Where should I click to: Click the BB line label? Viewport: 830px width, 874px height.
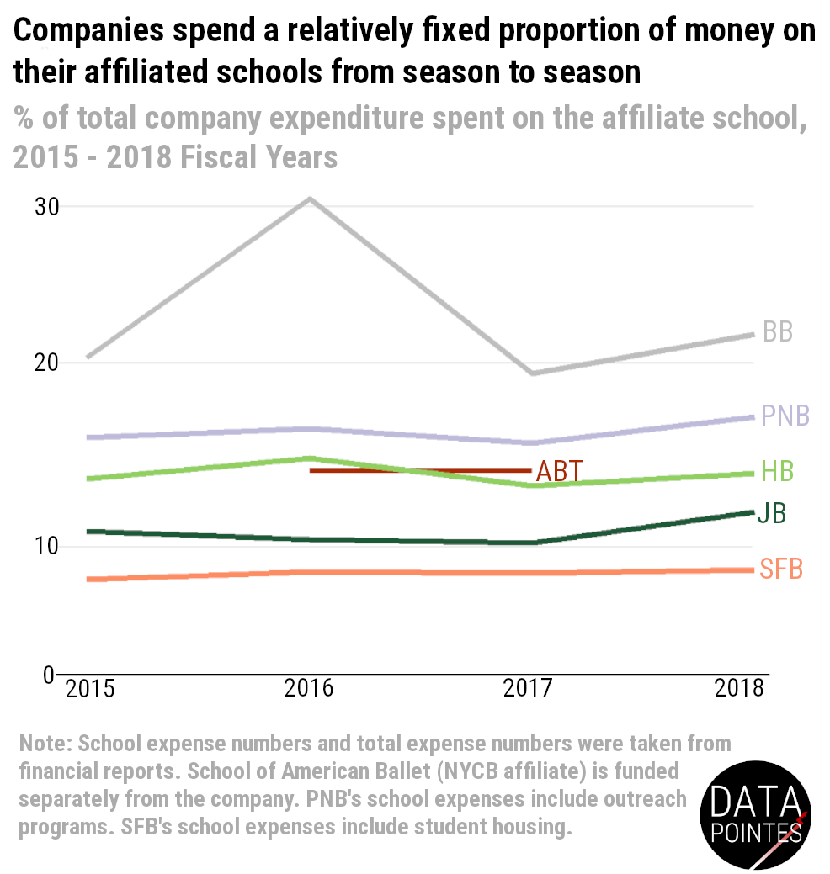tap(777, 331)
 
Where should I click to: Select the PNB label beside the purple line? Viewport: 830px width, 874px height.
tap(785, 416)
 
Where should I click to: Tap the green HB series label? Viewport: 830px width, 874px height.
tap(777, 471)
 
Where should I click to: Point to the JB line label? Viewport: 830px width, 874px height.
tap(771, 513)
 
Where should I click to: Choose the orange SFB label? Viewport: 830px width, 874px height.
tap(780, 569)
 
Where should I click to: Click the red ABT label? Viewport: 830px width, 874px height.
tap(559, 471)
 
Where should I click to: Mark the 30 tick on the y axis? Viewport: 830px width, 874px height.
tap(45, 206)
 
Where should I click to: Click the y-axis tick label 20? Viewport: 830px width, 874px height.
tap(45, 363)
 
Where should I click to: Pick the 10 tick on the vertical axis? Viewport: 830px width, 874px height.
tap(45, 546)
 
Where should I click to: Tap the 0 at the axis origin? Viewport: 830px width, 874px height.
tap(48, 675)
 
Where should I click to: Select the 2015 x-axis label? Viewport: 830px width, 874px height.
tap(90, 689)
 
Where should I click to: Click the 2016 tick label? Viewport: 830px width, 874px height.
tap(309, 689)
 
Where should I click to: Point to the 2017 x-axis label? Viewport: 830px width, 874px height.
tap(528, 689)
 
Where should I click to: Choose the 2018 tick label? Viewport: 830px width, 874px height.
tap(739, 689)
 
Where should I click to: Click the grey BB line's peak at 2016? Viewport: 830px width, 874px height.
tap(310, 199)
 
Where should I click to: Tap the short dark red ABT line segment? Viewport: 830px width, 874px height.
tap(421, 470)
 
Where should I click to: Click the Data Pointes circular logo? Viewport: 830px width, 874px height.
tap(755, 813)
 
